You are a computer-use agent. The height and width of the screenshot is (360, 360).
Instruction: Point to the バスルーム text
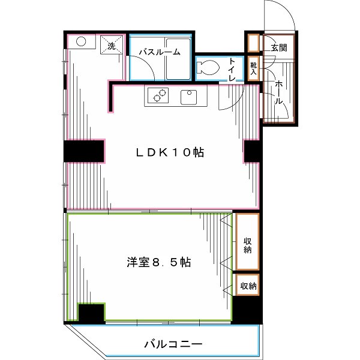click(x=159, y=52)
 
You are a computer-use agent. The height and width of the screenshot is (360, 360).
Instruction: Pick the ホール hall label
click(x=278, y=94)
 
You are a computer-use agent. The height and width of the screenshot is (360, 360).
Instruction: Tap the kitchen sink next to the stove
click(x=190, y=96)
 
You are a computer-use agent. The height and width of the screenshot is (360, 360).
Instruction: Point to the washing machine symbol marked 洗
click(x=112, y=46)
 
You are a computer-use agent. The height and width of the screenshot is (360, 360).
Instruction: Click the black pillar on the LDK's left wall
click(x=85, y=151)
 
